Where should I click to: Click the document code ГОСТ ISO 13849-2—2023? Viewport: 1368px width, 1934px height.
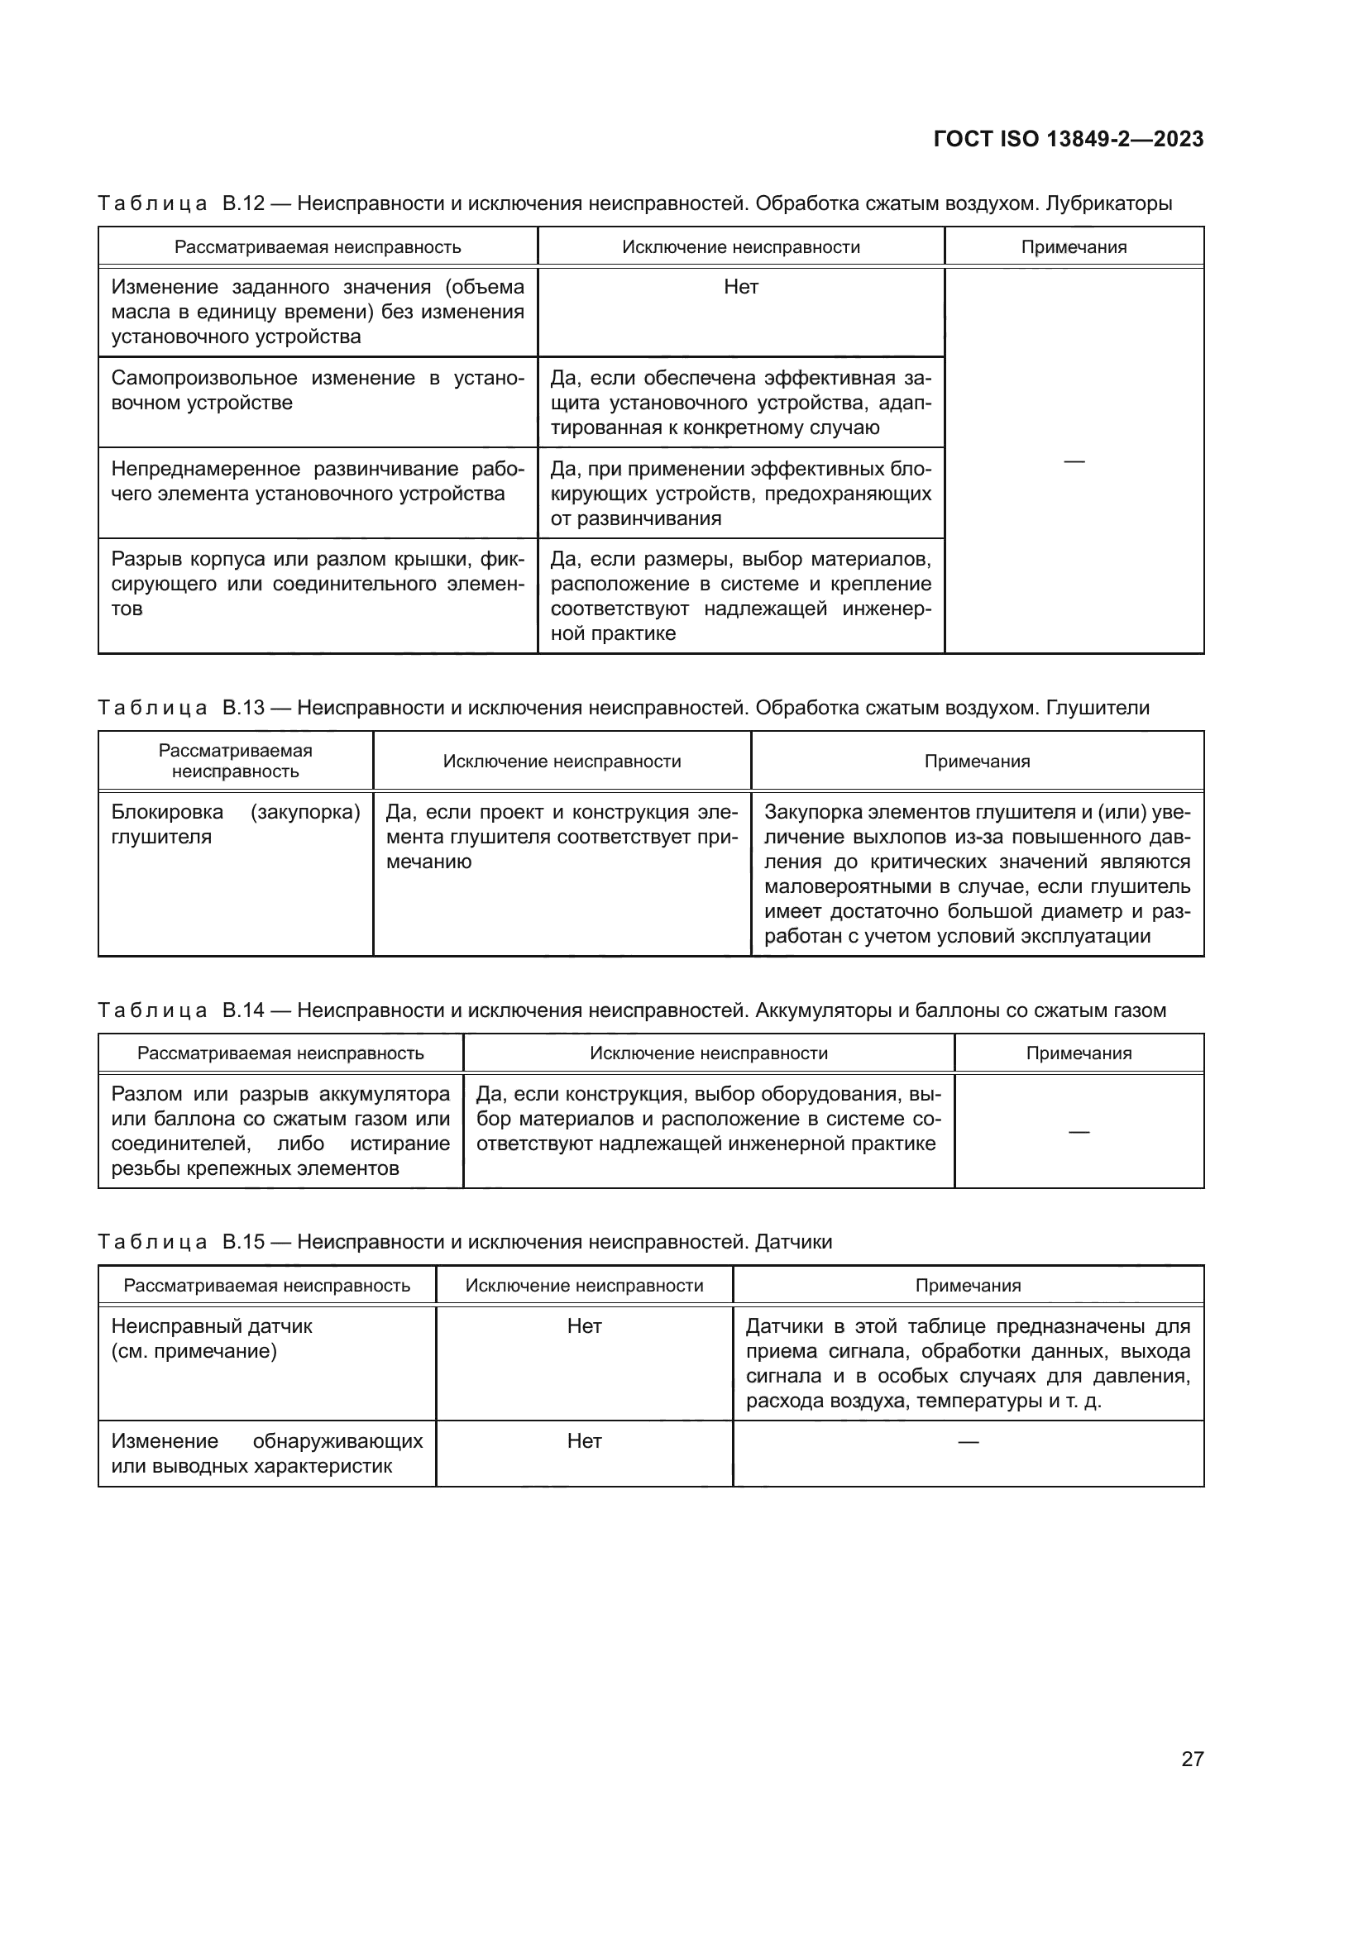coord(1068,139)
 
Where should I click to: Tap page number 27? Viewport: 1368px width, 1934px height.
coord(1192,1759)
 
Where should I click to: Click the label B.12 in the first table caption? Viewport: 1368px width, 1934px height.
coord(243,203)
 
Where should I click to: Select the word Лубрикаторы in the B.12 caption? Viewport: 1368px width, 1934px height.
coord(1108,203)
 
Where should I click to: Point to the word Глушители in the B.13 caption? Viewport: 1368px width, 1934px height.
coord(1098,708)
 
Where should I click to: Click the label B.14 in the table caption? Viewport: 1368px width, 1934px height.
coord(243,1010)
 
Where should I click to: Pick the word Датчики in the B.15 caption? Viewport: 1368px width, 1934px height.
coord(793,1242)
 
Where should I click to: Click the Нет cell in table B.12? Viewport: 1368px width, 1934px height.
coord(740,287)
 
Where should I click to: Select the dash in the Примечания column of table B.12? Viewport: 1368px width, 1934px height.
coord(1074,461)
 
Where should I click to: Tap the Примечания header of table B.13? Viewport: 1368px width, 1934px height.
coord(977,762)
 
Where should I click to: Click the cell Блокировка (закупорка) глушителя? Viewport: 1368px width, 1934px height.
coord(235,824)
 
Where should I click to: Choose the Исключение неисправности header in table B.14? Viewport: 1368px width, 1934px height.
coord(709,1053)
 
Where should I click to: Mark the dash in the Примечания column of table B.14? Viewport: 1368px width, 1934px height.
coord(1079,1131)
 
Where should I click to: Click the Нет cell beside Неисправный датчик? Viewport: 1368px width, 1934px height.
coord(584,1326)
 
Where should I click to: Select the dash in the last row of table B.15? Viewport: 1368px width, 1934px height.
coord(968,1442)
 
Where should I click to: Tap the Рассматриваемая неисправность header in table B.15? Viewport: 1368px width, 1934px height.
coord(266,1286)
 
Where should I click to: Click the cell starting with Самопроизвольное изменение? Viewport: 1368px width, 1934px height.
coord(317,390)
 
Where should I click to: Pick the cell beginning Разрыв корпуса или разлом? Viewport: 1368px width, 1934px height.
coord(317,584)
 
